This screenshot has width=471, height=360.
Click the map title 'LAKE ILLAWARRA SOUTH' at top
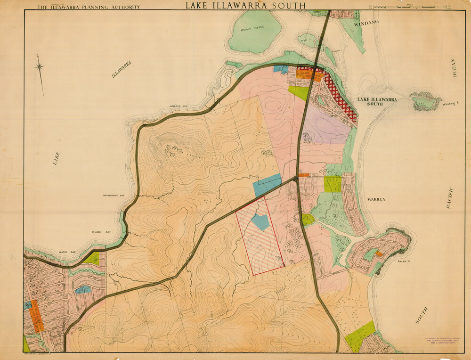(x=245, y=6)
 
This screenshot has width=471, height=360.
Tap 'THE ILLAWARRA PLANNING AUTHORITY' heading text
(x=89, y=7)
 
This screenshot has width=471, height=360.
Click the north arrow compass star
(x=40, y=67)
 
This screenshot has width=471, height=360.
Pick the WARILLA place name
(x=376, y=199)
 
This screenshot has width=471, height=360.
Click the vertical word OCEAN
(x=455, y=68)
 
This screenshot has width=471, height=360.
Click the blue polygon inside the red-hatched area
(x=260, y=221)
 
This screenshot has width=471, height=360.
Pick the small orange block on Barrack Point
(x=379, y=254)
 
